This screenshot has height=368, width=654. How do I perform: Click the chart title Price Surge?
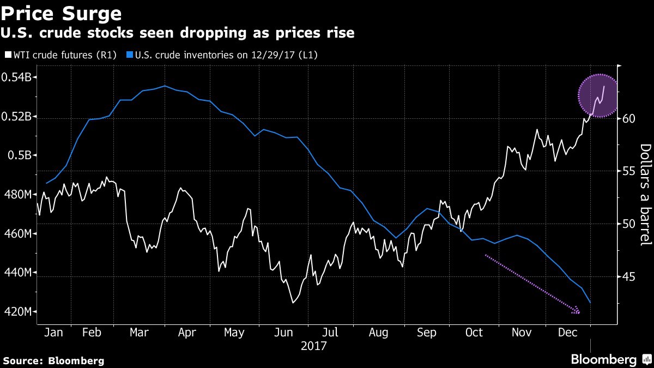point(61,13)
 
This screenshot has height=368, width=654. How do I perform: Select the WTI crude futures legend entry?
point(60,55)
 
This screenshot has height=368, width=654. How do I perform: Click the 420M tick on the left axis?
point(19,312)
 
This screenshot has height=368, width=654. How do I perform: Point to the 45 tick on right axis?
point(629,277)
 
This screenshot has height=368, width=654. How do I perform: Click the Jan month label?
point(52,332)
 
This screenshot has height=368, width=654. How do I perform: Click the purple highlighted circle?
point(598,95)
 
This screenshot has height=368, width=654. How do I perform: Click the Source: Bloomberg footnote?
point(53,360)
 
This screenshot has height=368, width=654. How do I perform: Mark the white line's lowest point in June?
point(293,303)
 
